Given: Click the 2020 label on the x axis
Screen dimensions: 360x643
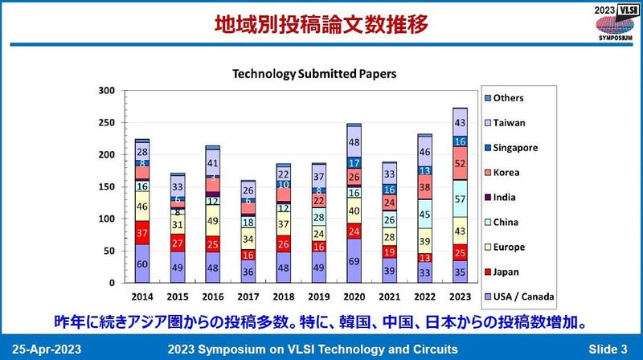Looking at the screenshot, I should point(354,295).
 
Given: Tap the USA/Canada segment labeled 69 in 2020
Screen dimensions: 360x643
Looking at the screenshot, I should point(354,261).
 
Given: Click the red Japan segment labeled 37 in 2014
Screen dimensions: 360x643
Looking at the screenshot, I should point(141,232).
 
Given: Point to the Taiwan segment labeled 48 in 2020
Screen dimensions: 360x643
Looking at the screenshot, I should point(354,142).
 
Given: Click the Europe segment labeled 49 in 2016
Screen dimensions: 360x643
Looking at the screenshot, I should point(213,220).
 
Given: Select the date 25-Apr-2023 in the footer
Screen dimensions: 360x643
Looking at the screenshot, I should point(46,349).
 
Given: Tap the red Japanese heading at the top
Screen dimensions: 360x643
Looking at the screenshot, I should point(321,24).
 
